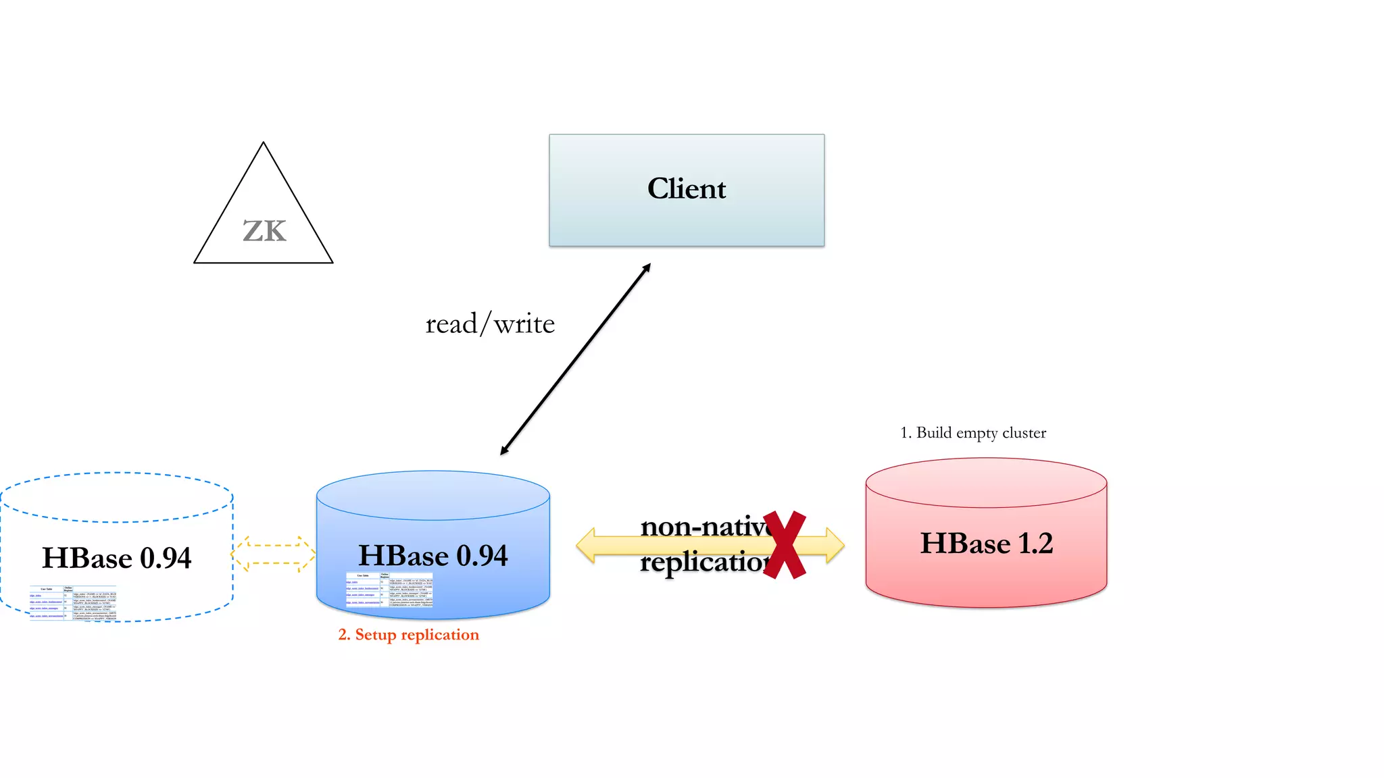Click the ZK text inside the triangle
click(x=264, y=232)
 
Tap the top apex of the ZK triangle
click(x=264, y=144)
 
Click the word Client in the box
click(x=687, y=188)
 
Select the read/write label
click(x=490, y=324)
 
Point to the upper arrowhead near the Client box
click(x=647, y=267)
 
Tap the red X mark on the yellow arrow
click(x=785, y=545)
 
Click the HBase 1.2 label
click(x=986, y=544)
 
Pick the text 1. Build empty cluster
click(x=973, y=433)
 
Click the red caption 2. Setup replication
click(x=408, y=635)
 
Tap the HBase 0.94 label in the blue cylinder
click(x=432, y=556)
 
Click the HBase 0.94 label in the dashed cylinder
click(x=116, y=559)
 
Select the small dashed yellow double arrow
click(x=273, y=554)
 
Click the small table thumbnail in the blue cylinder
click(x=389, y=590)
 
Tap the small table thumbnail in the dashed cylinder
click(x=73, y=603)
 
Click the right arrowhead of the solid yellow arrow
click(x=835, y=546)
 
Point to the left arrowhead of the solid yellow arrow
click(x=586, y=546)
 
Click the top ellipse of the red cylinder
click(x=986, y=482)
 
